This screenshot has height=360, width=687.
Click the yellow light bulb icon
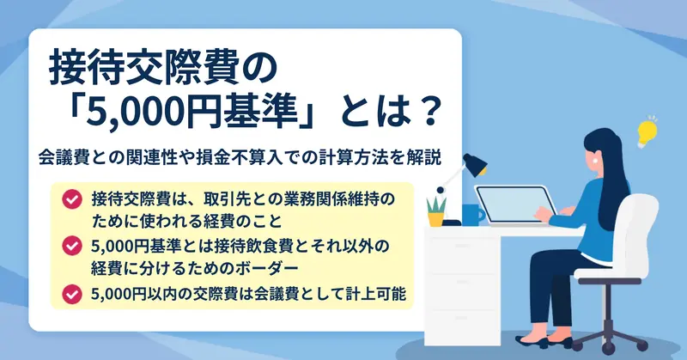click(x=647, y=132)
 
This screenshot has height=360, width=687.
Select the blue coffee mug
click(x=473, y=215)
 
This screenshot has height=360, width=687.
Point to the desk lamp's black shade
click(x=476, y=164)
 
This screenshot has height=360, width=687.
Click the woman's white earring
click(x=596, y=161)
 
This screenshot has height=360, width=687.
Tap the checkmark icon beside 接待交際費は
click(x=72, y=199)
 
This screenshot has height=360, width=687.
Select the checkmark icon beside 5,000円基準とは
click(x=72, y=246)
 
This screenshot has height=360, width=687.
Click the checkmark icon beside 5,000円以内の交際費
click(x=72, y=294)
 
